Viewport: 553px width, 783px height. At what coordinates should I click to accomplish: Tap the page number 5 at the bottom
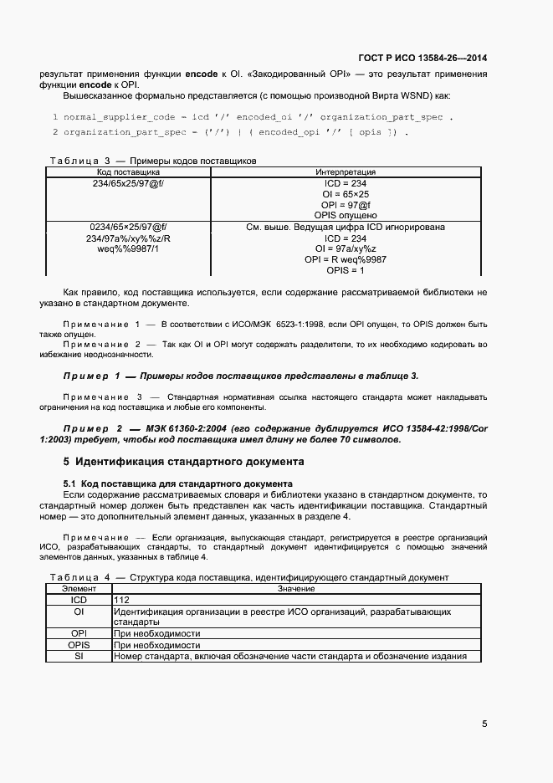(x=484, y=724)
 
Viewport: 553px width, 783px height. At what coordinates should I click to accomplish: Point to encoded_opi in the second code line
(x=289, y=132)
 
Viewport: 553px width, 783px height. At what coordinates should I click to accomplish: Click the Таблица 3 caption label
(x=80, y=161)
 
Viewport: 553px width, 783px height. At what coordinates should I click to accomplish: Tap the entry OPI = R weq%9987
(x=346, y=259)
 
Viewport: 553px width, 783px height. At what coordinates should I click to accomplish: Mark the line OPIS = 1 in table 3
(x=346, y=270)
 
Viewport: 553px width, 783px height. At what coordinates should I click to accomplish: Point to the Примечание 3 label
(x=103, y=396)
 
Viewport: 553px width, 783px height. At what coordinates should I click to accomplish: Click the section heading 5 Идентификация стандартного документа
(x=184, y=461)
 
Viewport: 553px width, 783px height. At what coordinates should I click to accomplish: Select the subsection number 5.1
(x=70, y=484)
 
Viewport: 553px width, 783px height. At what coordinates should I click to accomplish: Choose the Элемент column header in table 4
(x=79, y=589)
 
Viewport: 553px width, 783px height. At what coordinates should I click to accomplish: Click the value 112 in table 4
(x=122, y=600)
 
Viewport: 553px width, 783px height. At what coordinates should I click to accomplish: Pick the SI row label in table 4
(x=79, y=656)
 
